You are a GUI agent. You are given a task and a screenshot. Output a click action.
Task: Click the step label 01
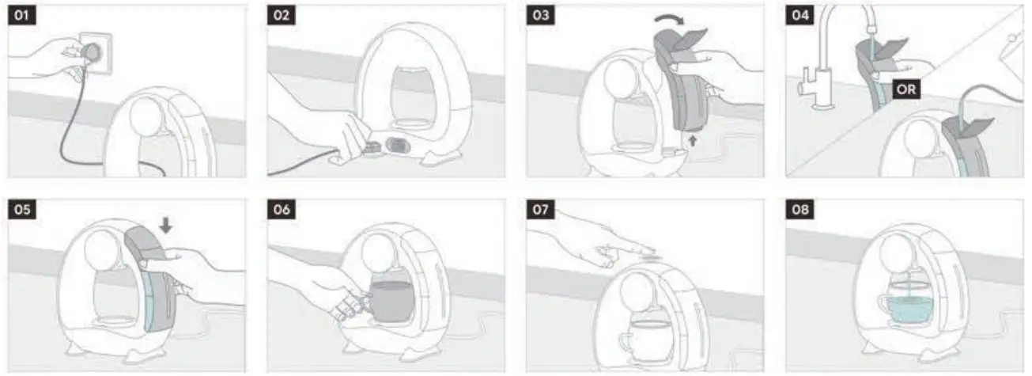(22, 16)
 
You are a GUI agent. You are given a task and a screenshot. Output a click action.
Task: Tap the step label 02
(282, 16)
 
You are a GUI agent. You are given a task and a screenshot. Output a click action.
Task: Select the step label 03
(541, 16)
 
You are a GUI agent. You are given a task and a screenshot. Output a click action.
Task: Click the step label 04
(800, 16)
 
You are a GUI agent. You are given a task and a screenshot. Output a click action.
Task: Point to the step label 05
(22, 210)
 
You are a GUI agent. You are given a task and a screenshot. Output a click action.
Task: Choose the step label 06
(282, 210)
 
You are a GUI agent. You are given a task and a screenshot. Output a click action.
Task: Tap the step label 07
(541, 210)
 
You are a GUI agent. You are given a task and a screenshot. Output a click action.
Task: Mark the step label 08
(800, 210)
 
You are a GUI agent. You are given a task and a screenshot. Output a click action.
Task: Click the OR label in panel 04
(906, 89)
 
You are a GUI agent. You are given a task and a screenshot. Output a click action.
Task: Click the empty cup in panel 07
(647, 339)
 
